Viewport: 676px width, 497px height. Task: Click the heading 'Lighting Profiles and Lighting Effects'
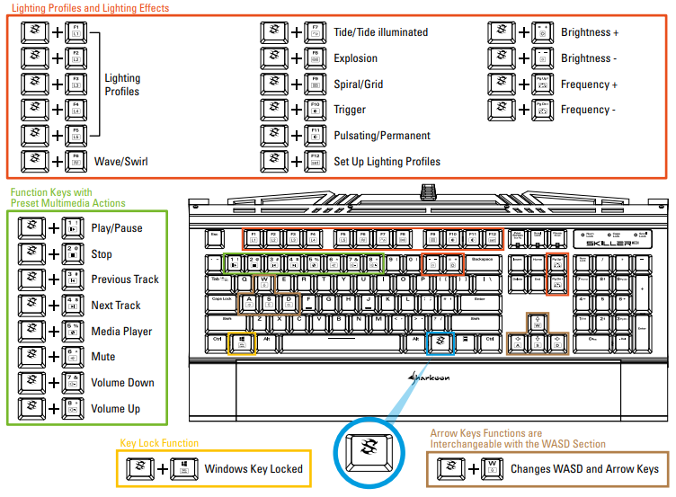click(90, 8)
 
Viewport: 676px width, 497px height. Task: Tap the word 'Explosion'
click(356, 58)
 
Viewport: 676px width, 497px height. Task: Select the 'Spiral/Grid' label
click(359, 84)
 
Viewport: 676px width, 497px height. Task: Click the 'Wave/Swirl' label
click(121, 163)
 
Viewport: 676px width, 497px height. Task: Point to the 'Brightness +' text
click(590, 32)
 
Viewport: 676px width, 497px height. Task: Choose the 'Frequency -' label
click(589, 110)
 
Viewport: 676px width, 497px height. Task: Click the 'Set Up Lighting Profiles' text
click(387, 162)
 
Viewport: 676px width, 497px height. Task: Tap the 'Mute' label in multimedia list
click(103, 357)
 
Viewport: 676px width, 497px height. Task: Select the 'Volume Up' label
click(116, 409)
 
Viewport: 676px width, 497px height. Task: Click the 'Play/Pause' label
click(117, 228)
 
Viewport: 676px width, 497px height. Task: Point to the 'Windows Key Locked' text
click(253, 468)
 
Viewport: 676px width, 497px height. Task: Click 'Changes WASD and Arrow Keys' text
click(584, 468)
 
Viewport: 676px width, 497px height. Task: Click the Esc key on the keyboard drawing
click(215, 238)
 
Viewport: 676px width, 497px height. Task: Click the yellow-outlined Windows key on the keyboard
click(242, 342)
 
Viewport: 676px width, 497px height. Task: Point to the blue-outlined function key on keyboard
click(440, 342)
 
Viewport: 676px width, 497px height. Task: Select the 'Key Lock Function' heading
click(159, 443)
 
